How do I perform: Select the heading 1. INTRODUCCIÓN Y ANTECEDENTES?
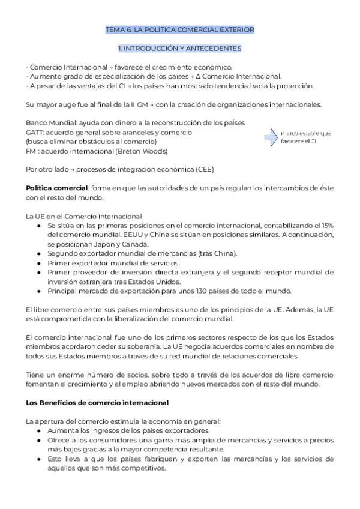(179, 47)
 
